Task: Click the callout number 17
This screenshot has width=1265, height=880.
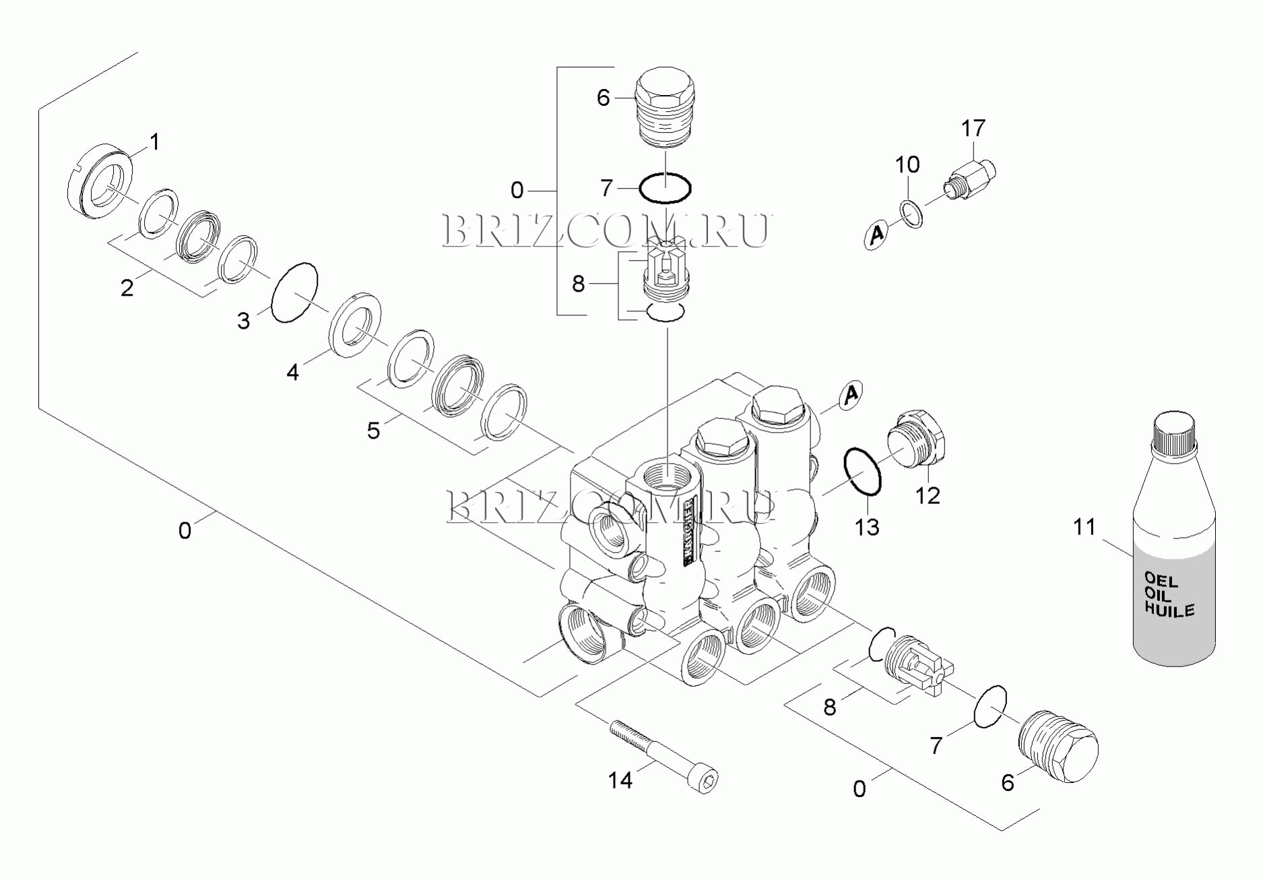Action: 973,128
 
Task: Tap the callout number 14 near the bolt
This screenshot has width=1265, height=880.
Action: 620,780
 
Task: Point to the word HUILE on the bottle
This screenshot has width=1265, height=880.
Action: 1170,610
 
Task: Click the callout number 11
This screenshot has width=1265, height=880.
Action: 1084,527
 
